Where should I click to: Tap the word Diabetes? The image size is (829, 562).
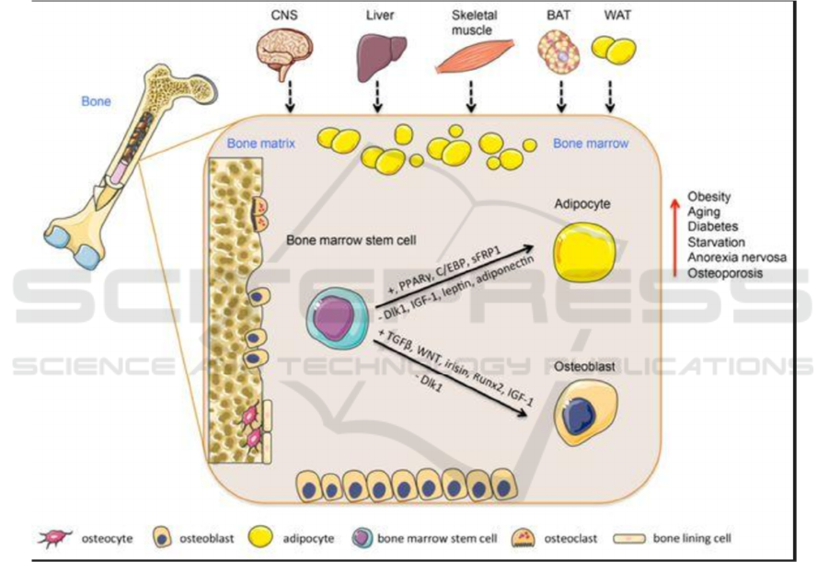click(x=712, y=226)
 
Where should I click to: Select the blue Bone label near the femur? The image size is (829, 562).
click(x=96, y=100)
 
